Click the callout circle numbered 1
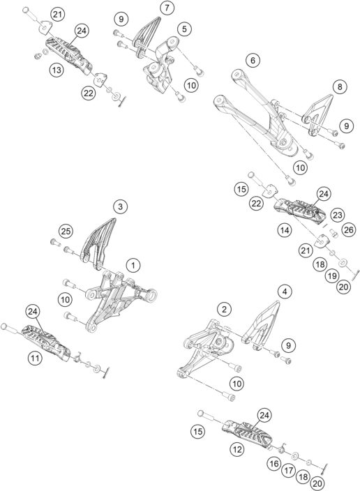click(x=133, y=265)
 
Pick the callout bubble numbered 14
click(x=284, y=228)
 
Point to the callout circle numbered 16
click(x=273, y=462)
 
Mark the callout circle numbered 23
click(x=338, y=216)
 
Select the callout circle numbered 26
click(x=349, y=229)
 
